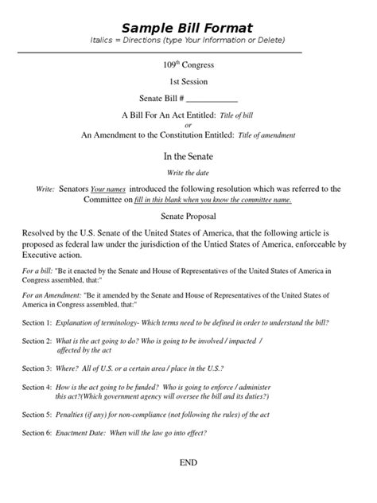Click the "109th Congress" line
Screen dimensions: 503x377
click(188, 64)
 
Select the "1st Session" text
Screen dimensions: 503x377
click(188, 81)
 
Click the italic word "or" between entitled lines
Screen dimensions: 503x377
click(188, 125)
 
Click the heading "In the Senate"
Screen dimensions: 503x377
click(188, 157)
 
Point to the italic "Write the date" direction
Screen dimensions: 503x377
click(188, 173)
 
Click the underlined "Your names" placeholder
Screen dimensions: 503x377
click(108, 189)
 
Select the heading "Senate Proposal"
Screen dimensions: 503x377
click(188, 216)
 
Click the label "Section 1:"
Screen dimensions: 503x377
click(37, 322)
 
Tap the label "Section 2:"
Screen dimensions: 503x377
click(37, 341)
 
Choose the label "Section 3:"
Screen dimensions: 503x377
click(37, 368)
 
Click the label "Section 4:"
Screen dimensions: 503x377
click(37, 387)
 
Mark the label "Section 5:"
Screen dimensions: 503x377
click(37, 415)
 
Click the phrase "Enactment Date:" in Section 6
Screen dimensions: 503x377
click(83, 433)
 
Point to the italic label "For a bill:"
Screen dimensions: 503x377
click(39, 271)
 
